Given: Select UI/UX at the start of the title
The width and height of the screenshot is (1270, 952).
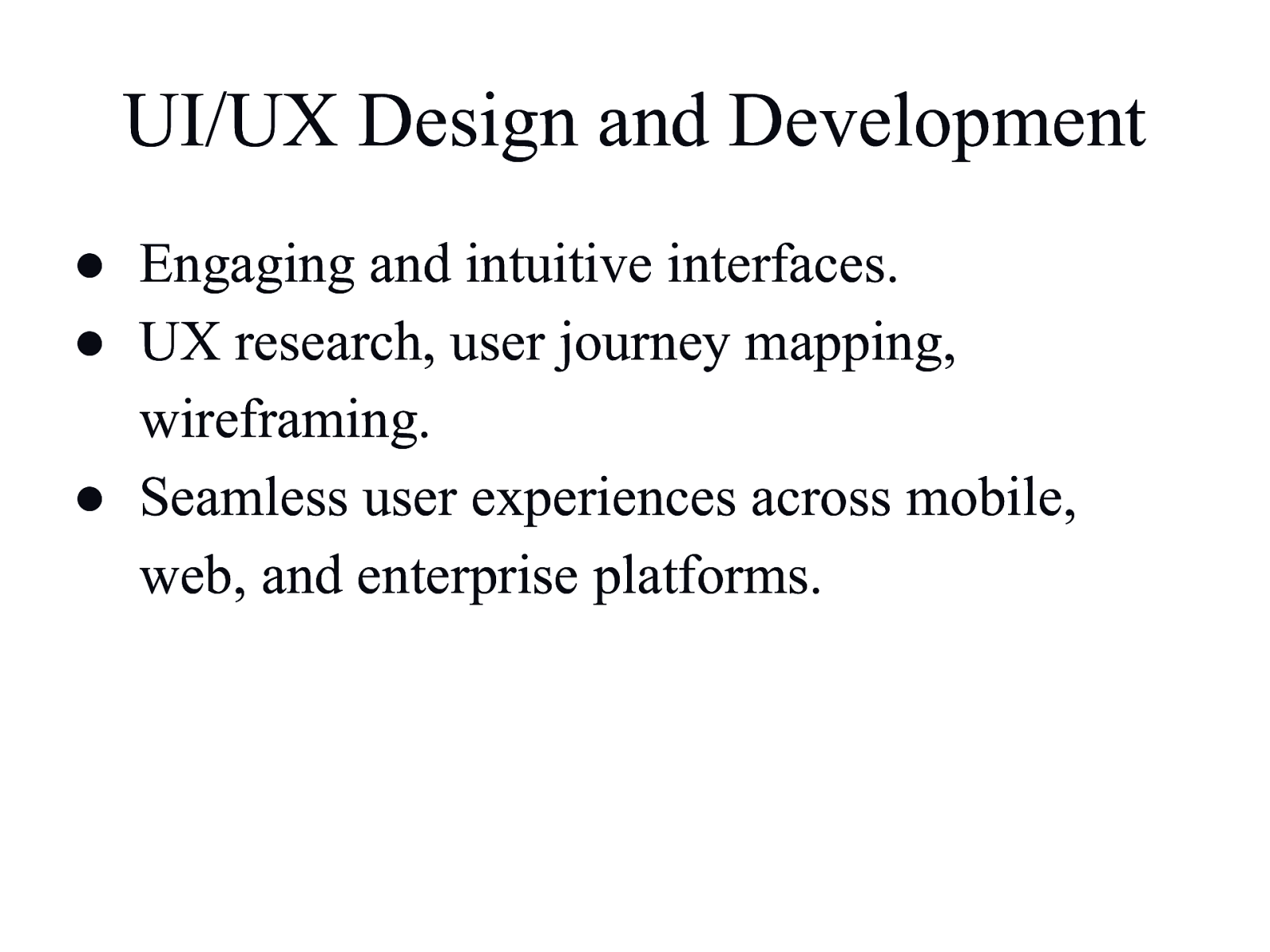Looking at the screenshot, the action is click(x=229, y=122).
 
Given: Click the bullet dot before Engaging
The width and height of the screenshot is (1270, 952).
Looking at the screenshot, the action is click(x=90, y=267).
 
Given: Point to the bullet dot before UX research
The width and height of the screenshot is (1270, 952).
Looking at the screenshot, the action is click(x=90, y=344).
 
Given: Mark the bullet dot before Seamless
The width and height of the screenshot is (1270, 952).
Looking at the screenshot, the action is click(x=90, y=500).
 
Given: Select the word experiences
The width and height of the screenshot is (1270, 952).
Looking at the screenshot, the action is click(x=603, y=501).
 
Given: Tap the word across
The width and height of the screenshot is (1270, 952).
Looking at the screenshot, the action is click(x=821, y=501).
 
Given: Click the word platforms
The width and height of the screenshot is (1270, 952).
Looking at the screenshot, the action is click(x=707, y=577).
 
